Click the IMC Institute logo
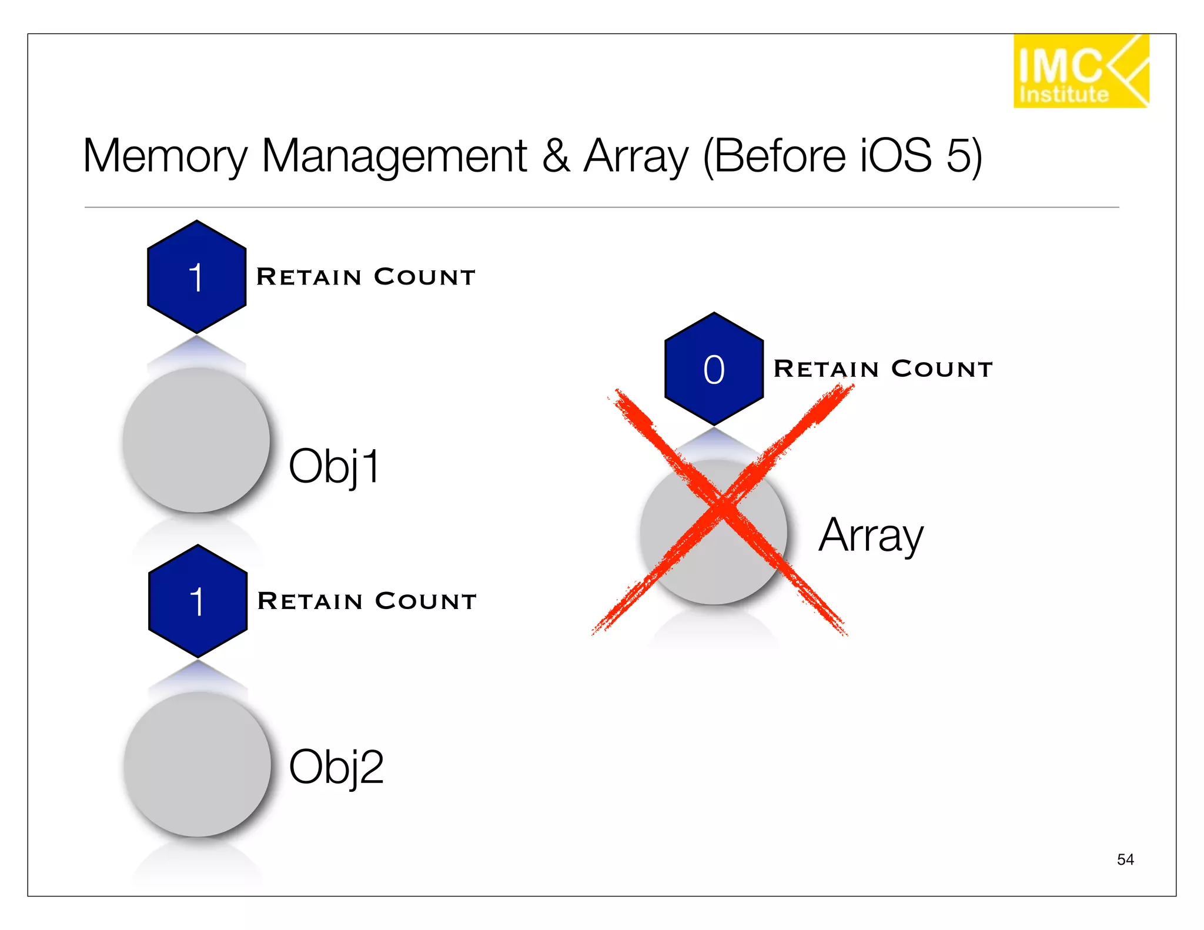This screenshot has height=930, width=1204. [1080, 71]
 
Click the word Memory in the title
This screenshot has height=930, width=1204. [165, 156]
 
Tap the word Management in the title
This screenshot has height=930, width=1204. [394, 156]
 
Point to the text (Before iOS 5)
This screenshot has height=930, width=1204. [842, 156]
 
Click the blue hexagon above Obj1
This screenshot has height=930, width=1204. [196, 277]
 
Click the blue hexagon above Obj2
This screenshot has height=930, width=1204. [198, 601]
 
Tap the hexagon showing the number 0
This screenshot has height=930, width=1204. [714, 369]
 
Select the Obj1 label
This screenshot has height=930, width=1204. [335, 466]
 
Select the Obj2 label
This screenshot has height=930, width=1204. [336, 767]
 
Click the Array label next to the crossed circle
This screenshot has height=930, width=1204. [871, 535]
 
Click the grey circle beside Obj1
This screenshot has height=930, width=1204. [196, 440]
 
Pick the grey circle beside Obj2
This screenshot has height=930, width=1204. [198, 764]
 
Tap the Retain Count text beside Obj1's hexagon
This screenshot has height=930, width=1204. [366, 277]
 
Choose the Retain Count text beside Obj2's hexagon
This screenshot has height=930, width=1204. [367, 601]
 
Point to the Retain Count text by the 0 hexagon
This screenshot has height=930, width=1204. [883, 369]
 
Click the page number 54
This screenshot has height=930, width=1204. [1125, 859]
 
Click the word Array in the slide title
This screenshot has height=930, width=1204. [636, 156]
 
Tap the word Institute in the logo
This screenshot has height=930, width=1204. [1063, 94]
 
